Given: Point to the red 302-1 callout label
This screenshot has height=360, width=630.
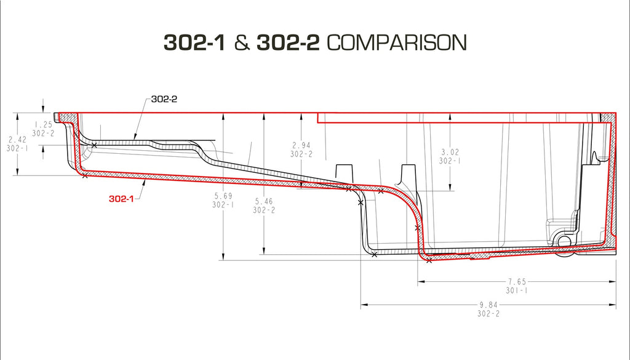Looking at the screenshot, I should point(122,199).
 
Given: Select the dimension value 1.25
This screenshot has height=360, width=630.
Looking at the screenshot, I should point(44,124).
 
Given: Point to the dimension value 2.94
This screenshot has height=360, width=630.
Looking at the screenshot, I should point(301,146).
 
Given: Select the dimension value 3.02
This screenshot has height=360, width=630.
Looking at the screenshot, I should point(451,151).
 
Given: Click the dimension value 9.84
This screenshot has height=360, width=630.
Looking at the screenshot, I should point(488,304).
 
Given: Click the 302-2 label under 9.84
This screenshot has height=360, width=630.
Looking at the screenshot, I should point(488,313).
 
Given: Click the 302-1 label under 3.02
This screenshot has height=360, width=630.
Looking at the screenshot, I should point(451,161).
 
